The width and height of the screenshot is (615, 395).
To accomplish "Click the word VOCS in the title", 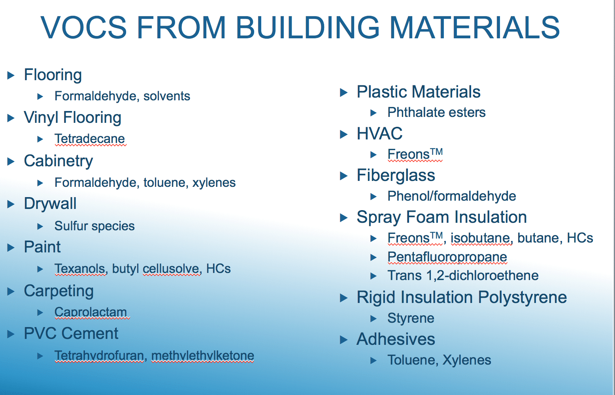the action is (x=84, y=27).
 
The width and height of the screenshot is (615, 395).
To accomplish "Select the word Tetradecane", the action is (x=90, y=139).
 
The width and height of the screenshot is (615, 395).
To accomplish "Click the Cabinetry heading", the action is (x=58, y=161).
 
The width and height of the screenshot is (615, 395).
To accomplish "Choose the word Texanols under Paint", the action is (x=80, y=269).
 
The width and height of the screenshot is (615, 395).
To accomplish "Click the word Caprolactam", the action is (x=91, y=312).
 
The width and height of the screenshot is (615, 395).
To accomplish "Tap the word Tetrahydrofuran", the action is (x=99, y=355).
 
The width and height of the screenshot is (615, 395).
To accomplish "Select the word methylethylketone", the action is (x=203, y=355).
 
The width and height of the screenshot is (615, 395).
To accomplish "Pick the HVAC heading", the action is (x=379, y=134).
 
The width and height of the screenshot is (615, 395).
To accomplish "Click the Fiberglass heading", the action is (x=396, y=175).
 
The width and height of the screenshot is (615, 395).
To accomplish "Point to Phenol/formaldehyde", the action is (x=452, y=196).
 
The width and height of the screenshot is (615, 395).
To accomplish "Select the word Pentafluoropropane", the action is (x=447, y=257).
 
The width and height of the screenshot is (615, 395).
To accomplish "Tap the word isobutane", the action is (x=481, y=238).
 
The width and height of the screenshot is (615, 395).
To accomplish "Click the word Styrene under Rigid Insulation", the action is (x=411, y=318).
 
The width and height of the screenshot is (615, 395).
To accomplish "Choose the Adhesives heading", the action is (x=396, y=339).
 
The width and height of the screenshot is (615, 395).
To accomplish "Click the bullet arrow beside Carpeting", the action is (x=11, y=292).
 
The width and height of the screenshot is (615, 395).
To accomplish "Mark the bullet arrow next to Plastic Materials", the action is (x=343, y=92).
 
